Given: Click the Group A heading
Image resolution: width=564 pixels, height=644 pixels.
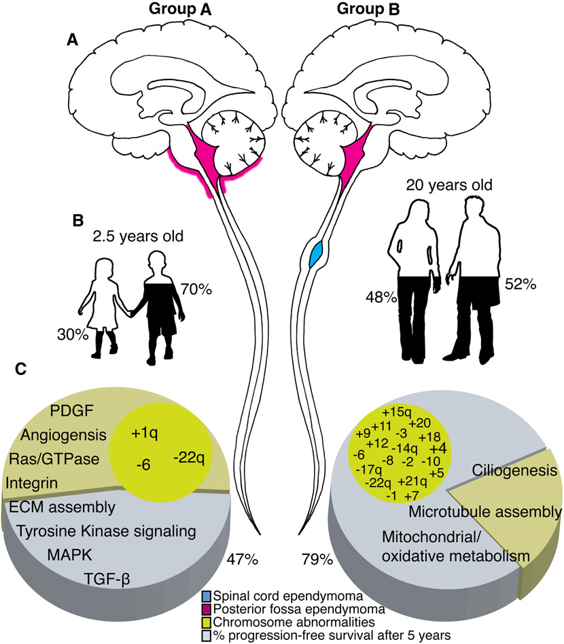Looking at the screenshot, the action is coord(180,9).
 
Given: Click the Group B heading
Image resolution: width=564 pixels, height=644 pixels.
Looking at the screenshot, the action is coord(368,9).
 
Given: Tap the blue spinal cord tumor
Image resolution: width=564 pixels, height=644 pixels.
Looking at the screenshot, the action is coord(316,255).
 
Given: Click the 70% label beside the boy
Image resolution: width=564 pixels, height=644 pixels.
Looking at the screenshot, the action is coord(196,289).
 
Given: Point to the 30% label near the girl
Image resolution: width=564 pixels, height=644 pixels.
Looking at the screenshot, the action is coord(73,335).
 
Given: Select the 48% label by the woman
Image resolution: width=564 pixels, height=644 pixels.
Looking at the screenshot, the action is coord(381,297).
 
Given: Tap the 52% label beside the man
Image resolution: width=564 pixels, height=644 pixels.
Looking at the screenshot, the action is coord(521,284).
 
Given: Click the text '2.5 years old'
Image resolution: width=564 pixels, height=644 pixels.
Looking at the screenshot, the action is coord(138,236).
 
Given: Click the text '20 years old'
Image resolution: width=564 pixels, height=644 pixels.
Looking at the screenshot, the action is coord(449,185).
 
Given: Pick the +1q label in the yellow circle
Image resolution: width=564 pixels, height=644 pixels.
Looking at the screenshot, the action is coord(144,433).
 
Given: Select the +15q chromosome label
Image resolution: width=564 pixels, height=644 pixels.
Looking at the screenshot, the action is coord(396,412).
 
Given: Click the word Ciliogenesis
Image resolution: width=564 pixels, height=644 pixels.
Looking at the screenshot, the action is coord(514,470).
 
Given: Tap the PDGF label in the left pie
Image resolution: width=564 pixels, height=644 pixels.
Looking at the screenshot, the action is coord(72,410).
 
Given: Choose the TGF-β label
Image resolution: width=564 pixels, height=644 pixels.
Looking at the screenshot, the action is coord(107,579).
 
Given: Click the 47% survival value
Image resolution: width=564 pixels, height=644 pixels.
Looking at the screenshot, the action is coord(243,559).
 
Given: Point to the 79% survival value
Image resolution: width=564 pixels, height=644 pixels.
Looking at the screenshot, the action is coord(317,559).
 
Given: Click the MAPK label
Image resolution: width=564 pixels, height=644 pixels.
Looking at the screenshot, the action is coord(69,555).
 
